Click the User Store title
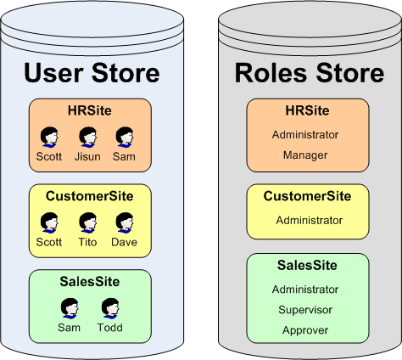point(91,73)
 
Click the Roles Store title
point(310,73)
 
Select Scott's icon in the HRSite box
point(49,137)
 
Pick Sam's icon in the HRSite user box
point(125,137)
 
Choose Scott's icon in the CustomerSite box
point(49,222)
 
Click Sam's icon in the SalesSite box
point(70,308)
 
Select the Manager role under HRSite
point(305,155)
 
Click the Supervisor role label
point(305,310)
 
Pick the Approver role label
point(305,330)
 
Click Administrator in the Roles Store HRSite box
point(305,134)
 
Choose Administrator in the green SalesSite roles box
point(305,290)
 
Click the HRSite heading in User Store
point(90,110)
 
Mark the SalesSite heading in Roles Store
point(307,266)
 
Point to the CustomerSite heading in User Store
point(90,196)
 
